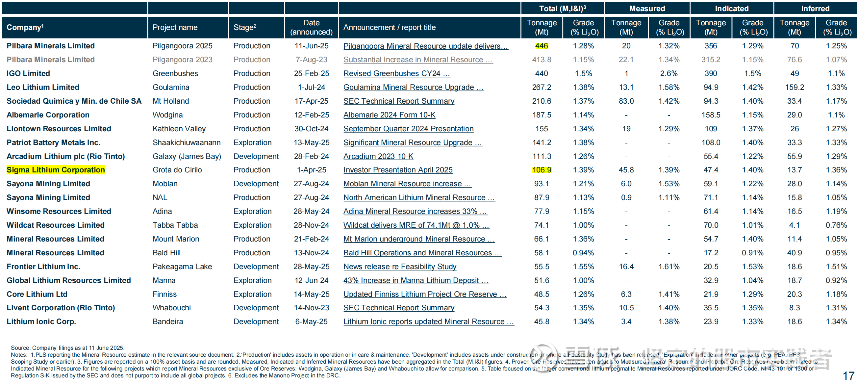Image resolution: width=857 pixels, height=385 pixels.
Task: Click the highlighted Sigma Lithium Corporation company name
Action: click(56, 170)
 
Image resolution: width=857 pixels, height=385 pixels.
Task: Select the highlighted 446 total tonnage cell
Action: click(541, 46)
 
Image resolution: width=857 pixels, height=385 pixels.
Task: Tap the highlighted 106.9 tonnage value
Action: click(541, 170)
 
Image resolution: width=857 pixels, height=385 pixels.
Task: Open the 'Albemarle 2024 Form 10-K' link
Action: click(389, 115)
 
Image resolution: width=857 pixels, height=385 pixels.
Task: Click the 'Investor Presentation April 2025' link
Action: click(397, 170)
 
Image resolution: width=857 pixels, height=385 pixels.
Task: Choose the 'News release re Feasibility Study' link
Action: click(400, 267)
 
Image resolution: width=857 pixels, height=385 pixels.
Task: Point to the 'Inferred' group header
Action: click(815, 8)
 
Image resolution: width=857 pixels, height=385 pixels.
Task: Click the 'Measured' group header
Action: click(647, 8)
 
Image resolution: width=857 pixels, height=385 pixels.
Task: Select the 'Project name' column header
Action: click(175, 27)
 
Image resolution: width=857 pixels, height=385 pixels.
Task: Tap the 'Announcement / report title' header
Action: click(389, 27)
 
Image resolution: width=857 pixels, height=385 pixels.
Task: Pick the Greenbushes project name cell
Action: click(175, 73)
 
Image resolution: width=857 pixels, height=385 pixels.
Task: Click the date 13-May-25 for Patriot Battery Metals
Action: click(311, 142)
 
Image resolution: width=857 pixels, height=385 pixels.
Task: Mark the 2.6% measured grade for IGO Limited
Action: click(669, 73)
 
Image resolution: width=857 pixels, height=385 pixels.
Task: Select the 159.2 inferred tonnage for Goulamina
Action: click(794, 87)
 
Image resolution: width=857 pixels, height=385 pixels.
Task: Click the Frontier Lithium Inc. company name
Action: click(43, 267)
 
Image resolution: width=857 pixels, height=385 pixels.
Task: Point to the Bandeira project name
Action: click(168, 321)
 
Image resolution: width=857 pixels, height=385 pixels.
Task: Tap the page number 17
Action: click(848, 376)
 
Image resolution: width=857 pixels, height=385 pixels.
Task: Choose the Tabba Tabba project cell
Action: click(175, 225)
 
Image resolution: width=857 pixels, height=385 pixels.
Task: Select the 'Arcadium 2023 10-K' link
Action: click(378, 156)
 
